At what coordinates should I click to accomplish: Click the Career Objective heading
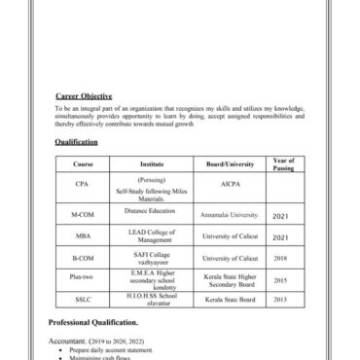coord(84,95)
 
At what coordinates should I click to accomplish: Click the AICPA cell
coord(230,183)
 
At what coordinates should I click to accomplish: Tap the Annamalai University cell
coord(230,214)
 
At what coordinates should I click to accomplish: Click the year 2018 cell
coord(280,258)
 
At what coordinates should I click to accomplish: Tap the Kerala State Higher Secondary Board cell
coord(230,280)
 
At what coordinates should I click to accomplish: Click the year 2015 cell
coord(280,280)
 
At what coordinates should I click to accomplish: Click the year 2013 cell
coord(280,301)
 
